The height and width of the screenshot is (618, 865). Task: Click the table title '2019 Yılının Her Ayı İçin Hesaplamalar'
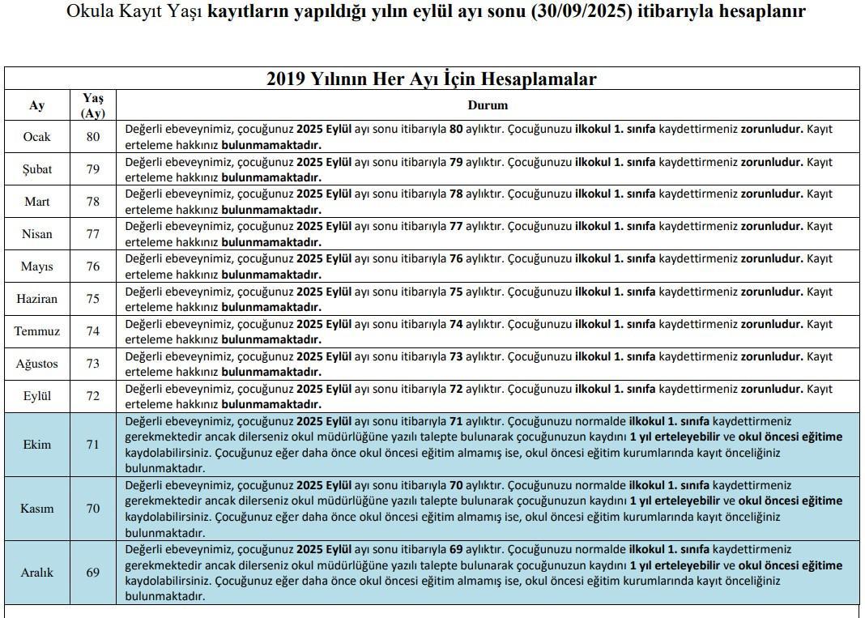pyautogui.click(x=431, y=79)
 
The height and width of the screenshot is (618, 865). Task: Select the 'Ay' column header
pyautogui.click(x=36, y=105)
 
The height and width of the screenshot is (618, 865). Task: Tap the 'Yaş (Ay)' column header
pyautogui.click(x=92, y=105)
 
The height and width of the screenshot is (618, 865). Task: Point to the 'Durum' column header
pyautogui.click(x=488, y=105)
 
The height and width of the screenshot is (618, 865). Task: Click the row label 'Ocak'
pyautogui.click(x=36, y=137)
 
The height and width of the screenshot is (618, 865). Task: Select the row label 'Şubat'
pyautogui.click(x=36, y=169)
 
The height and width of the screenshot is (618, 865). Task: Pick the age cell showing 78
pyautogui.click(x=92, y=202)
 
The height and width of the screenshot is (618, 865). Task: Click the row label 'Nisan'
pyautogui.click(x=36, y=234)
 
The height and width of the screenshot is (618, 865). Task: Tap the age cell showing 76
pyautogui.click(x=92, y=266)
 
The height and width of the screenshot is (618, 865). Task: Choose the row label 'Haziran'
pyautogui.click(x=36, y=299)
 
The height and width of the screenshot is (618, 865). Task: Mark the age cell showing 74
pyautogui.click(x=92, y=331)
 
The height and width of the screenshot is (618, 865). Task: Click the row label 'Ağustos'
pyautogui.click(x=36, y=364)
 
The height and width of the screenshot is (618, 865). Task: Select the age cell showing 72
pyautogui.click(x=92, y=396)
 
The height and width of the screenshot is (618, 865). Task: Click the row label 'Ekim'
pyautogui.click(x=36, y=444)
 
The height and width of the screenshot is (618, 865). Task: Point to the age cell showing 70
pyautogui.click(x=92, y=509)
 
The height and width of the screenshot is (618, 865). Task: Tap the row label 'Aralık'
pyautogui.click(x=36, y=573)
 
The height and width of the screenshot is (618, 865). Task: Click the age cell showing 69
pyautogui.click(x=92, y=573)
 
